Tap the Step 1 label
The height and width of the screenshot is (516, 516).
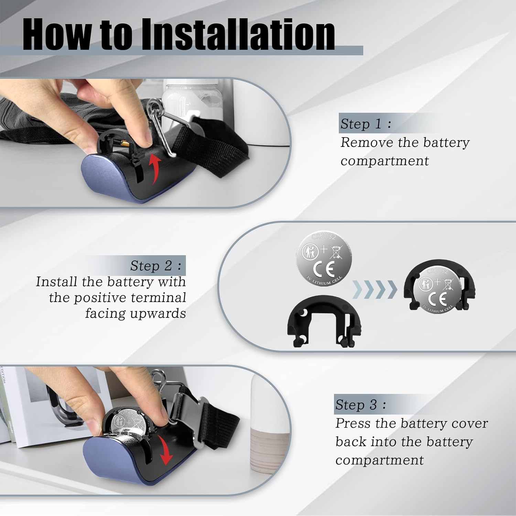click(366, 124)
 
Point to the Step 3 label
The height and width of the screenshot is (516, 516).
click(361, 405)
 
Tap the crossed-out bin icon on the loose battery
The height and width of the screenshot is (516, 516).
click(336, 252)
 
